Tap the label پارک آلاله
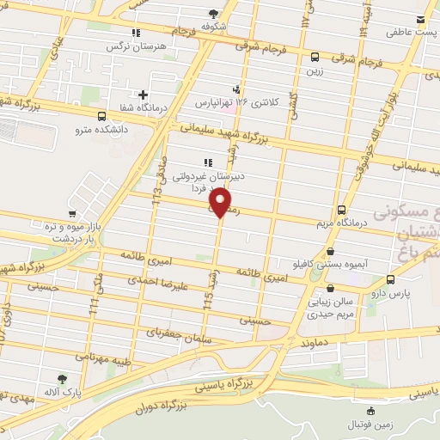(x=63, y=393)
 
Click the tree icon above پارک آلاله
(x=62, y=378)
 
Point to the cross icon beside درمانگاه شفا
(x=143, y=95)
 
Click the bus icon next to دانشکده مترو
(x=102, y=116)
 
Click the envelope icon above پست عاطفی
(x=420, y=19)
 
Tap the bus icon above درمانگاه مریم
(x=342, y=209)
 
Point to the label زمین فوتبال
(x=370, y=425)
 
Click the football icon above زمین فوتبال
(x=370, y=412)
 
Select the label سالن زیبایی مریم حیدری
(x=333, y=309)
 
